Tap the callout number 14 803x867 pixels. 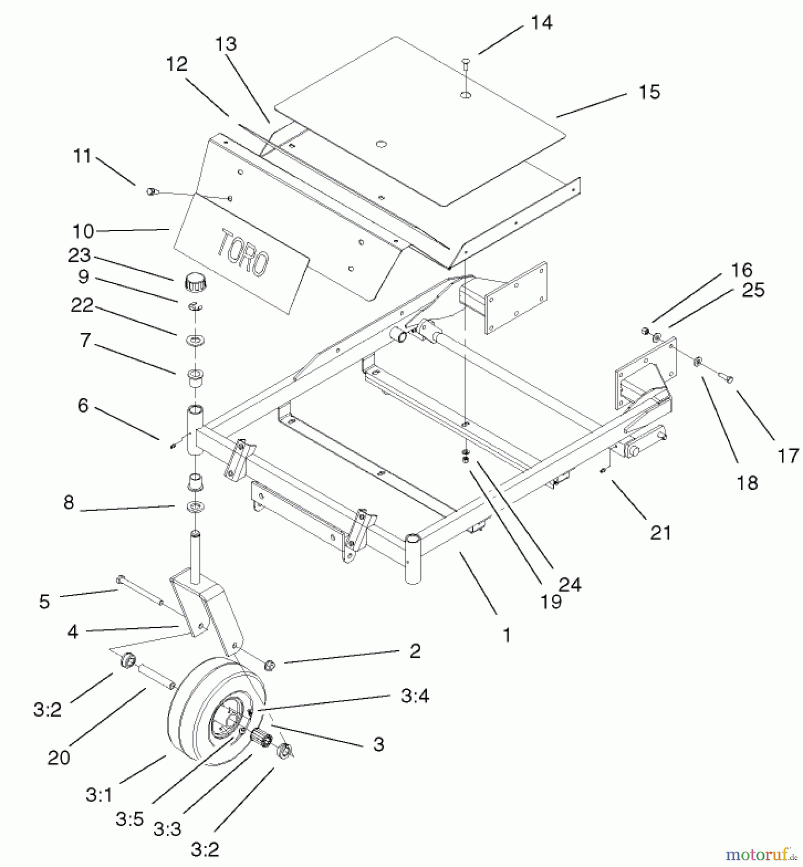click(541, 23)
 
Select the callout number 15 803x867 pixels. click(649, 92)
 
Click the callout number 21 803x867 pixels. click(660, 533)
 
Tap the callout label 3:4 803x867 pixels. click(415, 696)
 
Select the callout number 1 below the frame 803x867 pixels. click(506, 635)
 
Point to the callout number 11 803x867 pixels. click(82, 156)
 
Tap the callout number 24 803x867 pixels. click(570, 584)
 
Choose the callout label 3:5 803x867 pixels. click(129, 819)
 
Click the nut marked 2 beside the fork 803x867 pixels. click(270, 665)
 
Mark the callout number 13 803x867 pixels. click(226, 44)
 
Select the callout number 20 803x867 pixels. click(59, 758)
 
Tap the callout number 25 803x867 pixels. click(753, 290)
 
